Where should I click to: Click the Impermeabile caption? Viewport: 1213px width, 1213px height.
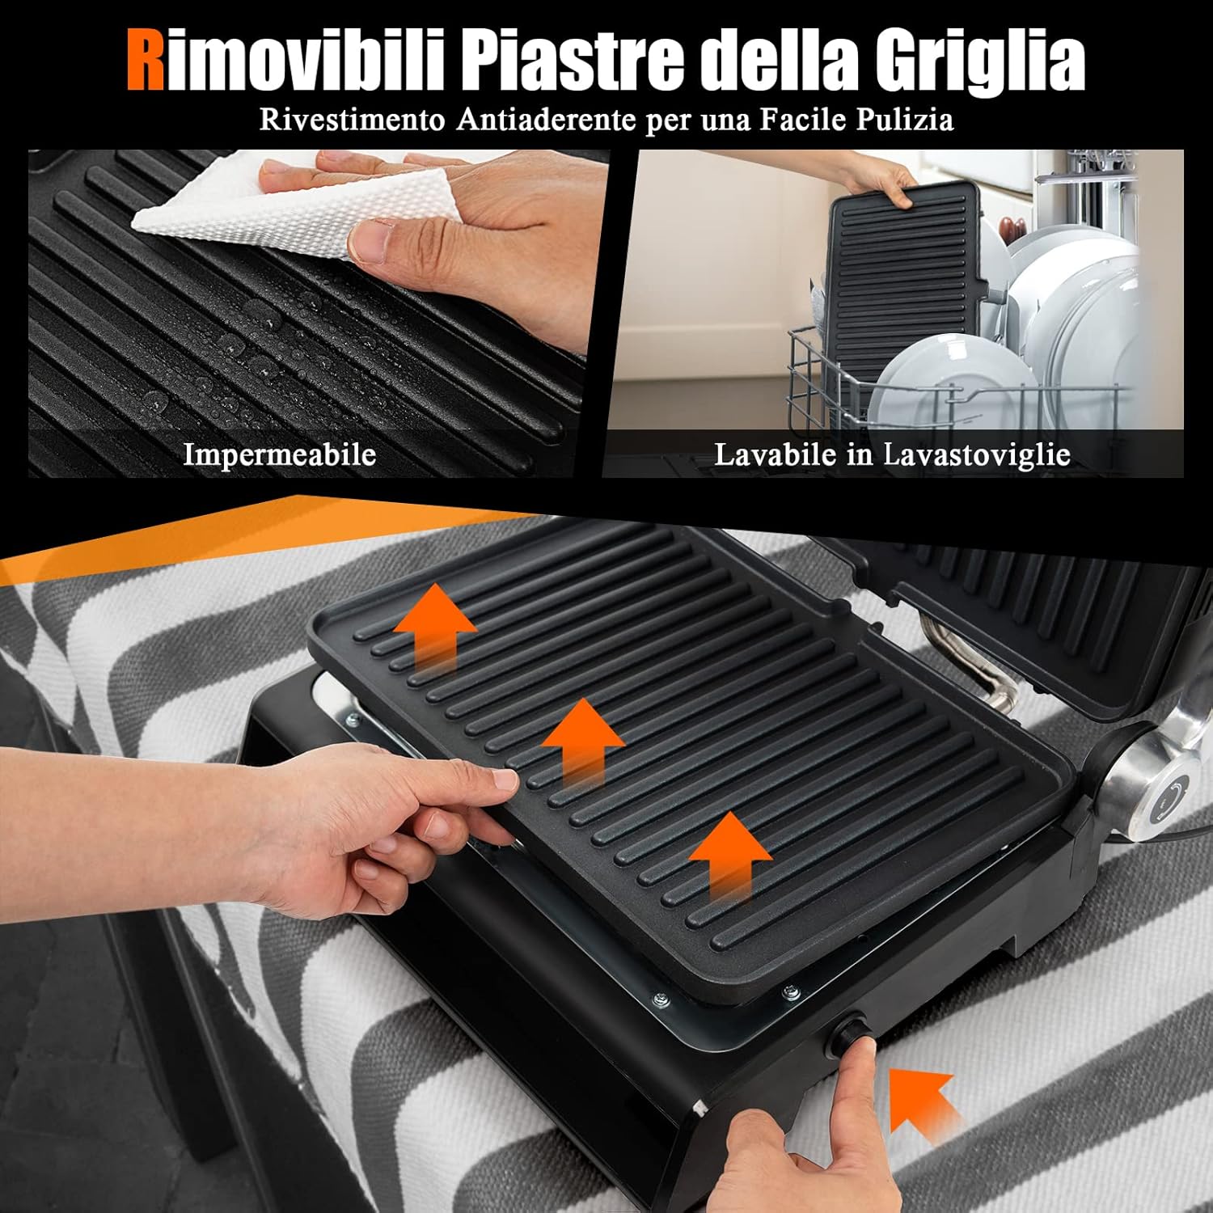pos(279,454)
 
